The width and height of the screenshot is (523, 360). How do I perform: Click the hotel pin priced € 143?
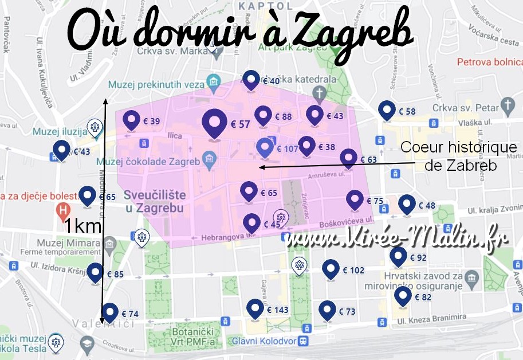[255, 308]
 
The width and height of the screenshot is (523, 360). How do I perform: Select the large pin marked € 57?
[215, 123]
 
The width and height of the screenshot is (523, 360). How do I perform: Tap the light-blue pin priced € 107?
[264, 147]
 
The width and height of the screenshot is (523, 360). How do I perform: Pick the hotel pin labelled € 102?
[331, 269]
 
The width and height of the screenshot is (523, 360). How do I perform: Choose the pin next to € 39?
[132, 120]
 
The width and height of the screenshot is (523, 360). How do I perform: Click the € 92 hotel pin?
[398, 256]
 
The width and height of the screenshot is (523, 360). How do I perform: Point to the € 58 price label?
[407, 112]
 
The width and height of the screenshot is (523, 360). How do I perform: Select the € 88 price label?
[283, 116]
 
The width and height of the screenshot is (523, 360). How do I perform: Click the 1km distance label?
[82, 225]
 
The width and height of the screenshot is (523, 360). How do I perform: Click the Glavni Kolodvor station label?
[264, 341]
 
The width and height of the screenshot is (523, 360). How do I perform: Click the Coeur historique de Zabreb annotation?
[458, 156]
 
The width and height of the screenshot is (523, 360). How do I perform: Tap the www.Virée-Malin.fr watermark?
[398, 240]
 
